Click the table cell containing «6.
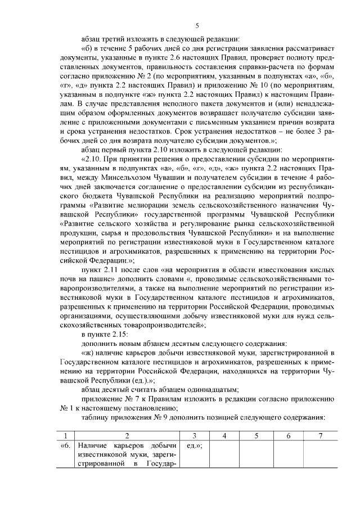tap(66, 445)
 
